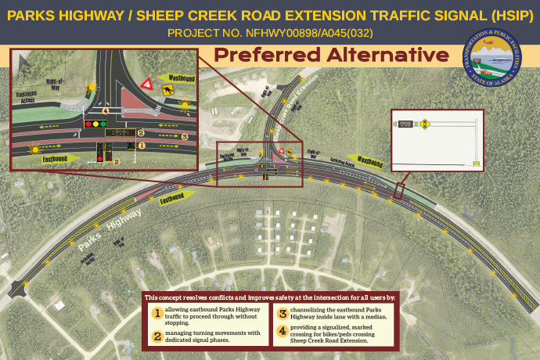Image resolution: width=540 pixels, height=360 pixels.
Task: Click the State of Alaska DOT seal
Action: click(x=495, y=59)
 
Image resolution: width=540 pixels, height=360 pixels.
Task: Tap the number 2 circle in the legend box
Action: click(x=157, y=337)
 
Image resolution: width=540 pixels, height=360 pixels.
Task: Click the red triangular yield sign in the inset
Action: click(x=146, y=84)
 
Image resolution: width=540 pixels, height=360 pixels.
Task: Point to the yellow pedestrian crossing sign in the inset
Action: click(x=167, y=91)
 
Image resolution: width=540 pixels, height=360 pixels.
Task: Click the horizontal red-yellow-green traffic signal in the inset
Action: click(x=95, y=124)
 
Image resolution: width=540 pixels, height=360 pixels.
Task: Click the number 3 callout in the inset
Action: click(x=184, y=136)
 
